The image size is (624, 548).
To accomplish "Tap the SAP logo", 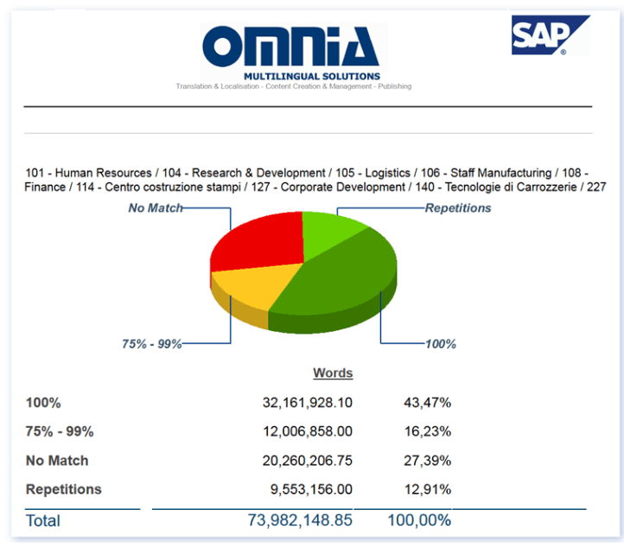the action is pos(551,35).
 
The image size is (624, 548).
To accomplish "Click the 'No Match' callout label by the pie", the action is pos(156,207).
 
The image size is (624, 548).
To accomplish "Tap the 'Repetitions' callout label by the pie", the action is pos(458,207).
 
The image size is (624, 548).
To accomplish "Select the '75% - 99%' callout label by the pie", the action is pos(151,343).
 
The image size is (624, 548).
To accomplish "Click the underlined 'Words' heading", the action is pos(333,373).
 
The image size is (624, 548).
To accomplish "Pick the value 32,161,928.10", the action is pos(307,403).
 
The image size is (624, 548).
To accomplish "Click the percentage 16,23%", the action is pos(428,431).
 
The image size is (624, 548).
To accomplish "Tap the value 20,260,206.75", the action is pos(307,461).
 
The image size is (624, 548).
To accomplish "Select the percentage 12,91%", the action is pos(428,489).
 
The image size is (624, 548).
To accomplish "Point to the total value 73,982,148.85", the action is pos(300,520).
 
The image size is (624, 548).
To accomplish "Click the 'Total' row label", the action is pos(43,520).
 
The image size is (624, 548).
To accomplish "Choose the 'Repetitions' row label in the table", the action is pos(64,489).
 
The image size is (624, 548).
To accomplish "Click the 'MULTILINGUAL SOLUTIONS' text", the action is pos(312,76).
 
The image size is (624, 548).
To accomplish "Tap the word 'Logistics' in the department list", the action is pos(387,173).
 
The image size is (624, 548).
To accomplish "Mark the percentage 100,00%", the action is pos(419,520).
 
